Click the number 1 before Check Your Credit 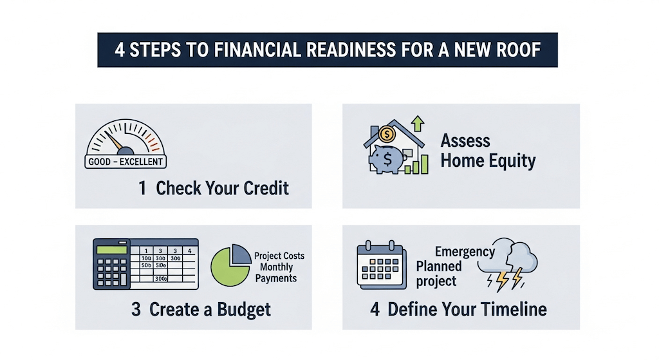point(142,188)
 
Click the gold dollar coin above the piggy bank point(387,135)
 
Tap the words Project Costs point(279,256)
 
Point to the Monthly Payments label point(276,272)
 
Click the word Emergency point(465,251)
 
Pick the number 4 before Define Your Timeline point(375,309)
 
